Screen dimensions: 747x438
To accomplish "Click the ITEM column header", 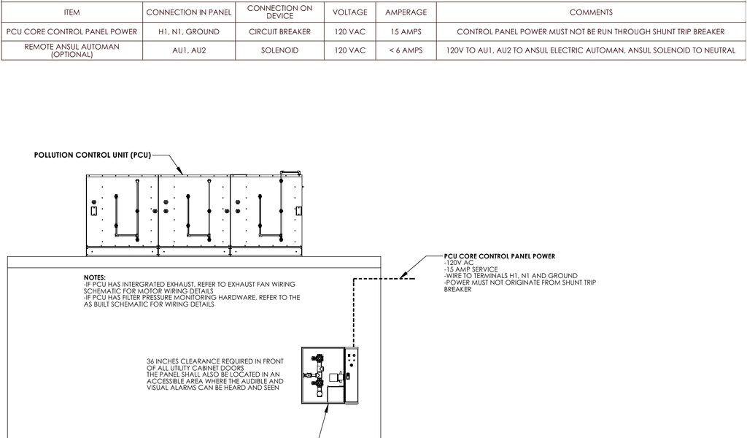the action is tap(71, 12).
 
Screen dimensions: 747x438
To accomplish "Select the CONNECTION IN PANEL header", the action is tap(188, 12).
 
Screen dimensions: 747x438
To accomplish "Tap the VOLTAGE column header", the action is tap(349, 12).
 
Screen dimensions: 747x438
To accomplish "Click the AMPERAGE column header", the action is tap(406, 12).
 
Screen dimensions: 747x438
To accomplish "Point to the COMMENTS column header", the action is tap(591, 12).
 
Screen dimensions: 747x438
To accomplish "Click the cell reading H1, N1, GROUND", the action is tap(188, 32).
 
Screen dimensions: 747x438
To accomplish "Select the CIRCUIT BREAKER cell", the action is tap(279, 32).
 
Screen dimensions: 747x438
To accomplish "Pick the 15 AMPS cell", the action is tap(406, 32).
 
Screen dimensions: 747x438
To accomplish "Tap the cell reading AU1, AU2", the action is tap(188, 50).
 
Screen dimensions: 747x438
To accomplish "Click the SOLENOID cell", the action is tap(279, 50).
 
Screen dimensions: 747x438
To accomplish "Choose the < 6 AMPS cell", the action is tap(406, 50).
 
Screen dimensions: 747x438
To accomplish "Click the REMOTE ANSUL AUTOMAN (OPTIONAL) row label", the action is tap(71, 50).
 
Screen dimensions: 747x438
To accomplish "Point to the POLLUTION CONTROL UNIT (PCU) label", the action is tap(92, 155).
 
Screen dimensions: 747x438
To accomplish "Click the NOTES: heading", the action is tap(95, 278).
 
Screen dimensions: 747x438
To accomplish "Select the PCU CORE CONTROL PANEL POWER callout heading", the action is tap(500, 256).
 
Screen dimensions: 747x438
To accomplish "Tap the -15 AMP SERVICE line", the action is tap(471, 269).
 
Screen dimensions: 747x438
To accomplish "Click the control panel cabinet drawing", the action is tap(330, 375).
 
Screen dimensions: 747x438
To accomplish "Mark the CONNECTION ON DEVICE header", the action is tap(279, 12).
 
